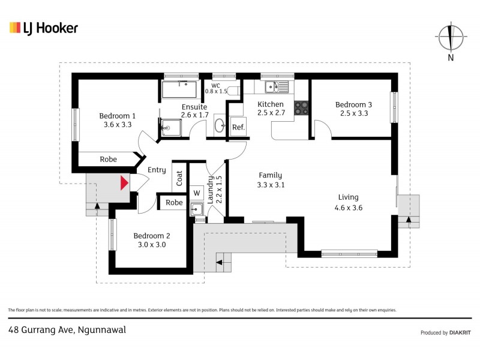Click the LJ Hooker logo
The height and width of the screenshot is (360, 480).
43,28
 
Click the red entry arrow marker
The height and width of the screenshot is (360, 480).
124,182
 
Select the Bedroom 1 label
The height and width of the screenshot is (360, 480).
117,116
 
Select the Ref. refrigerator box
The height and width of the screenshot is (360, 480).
238,127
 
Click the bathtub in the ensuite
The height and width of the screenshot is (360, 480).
179,90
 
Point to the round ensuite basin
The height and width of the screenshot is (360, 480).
220,126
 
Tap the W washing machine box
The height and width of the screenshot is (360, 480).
196,193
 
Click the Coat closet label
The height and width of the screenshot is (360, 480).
179,178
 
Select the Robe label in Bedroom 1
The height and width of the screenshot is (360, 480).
108,160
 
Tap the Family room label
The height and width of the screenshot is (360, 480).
270,175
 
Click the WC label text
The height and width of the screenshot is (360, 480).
216,85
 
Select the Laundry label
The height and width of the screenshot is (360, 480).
211,190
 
